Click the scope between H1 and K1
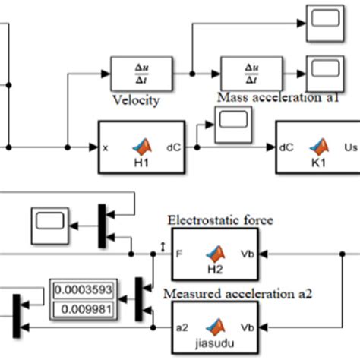233,124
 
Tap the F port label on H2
178,254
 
